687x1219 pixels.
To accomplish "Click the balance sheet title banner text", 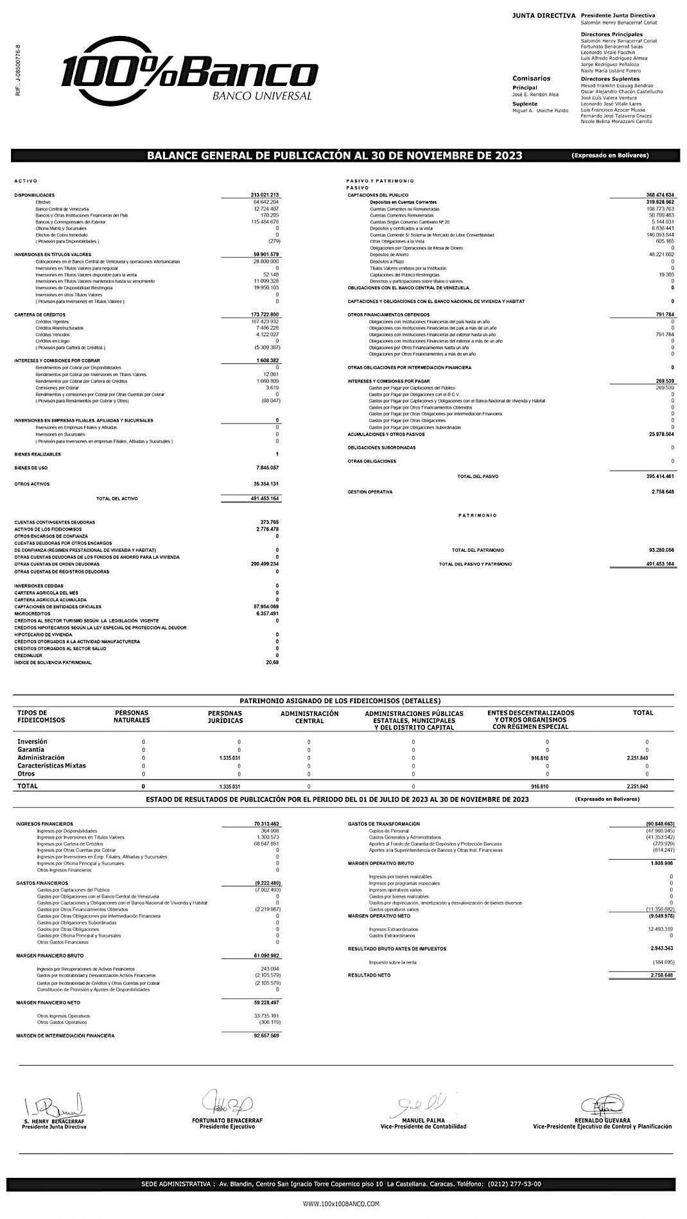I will pyautogui.click(x=334, y=155).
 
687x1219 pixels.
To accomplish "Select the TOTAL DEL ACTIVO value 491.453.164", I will pyautogui.click(x=265, y=499).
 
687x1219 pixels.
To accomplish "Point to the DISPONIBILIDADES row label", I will pyautogui.click(x=35, y=195).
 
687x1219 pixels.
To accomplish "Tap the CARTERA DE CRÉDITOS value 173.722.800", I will pyautogui.click(x=265, y=314).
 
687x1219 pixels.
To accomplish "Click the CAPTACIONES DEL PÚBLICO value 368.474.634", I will pyautogui.click(x=660, y=195).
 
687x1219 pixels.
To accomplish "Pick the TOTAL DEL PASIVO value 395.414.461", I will pyautogui.click(x=660, y=477).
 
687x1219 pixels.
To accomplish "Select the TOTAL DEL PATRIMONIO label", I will pyautogui.click(x=478, y=550).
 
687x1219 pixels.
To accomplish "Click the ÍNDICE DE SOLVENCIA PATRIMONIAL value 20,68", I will pyautogui.click(x=272, y=662).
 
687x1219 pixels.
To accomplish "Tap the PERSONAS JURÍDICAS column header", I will pyautogui.click(x=225, y=717).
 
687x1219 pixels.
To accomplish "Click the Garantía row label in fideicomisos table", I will pyautogui.click(x=31, y=749).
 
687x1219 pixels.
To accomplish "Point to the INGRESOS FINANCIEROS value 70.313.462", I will pyautogui.click(x=266, y=824).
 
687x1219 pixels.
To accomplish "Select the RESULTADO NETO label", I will pyautogui.click(x=369, y=975).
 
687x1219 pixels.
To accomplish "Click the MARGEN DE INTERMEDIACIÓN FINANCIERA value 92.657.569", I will pyautogui.click(x=266, y=1036).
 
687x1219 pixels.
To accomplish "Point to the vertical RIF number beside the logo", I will pyautogui.click(x=17, y=71).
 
